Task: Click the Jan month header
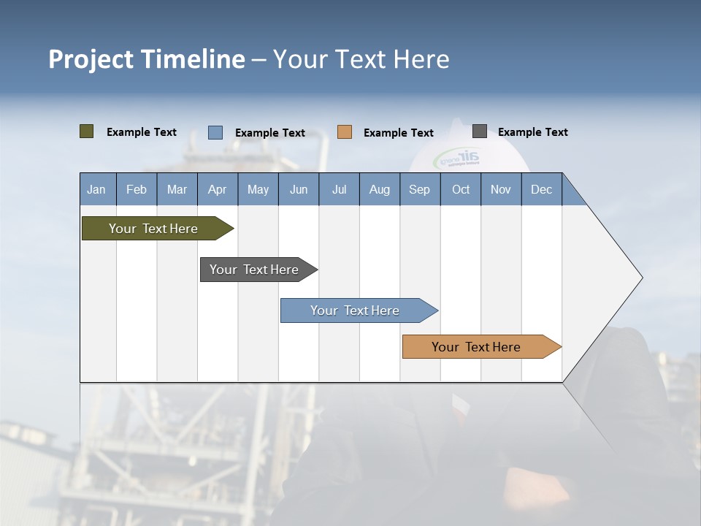(97, 189)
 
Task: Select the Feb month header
(137, 189)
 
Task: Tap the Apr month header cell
(218, 189)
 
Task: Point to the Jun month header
(299, 189)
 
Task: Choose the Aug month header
(380, 189)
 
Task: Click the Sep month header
(420, 189)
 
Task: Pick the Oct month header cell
(461, 189)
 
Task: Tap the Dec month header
(542, 189)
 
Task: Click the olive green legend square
(87, 131)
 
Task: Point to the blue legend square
(215, 132)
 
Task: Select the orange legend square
(345, 132)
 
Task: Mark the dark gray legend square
(480, 131)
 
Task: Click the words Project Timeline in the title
(147, 59)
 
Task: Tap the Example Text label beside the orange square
(399, 133)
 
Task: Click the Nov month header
(501, 189)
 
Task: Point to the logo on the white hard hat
(457, 159)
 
